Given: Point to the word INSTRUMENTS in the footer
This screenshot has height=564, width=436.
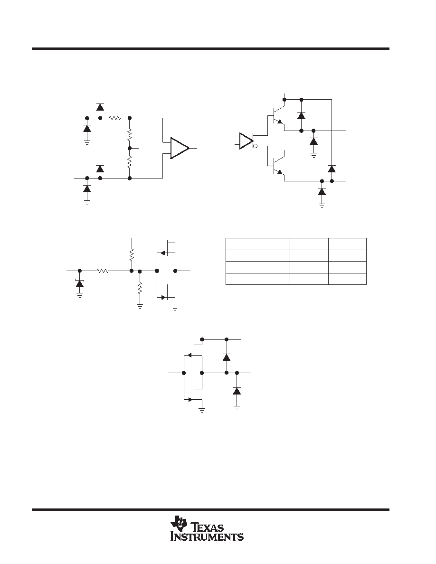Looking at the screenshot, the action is (207, 536).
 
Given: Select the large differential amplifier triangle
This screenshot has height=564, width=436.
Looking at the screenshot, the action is (180, 148).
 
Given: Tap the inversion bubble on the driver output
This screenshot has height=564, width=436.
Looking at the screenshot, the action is (255, 146).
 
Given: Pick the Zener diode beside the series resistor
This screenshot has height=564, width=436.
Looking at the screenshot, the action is (79, 283).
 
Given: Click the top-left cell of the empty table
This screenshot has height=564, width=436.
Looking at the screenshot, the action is (257, 244).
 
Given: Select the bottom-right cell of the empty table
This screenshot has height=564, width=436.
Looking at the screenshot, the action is (348, 279).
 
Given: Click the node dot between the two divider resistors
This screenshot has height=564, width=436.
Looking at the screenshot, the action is (130, 148).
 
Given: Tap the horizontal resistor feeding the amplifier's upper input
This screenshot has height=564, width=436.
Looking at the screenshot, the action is (115, 118).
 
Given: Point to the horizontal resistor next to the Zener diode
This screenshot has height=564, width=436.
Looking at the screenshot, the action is (103, 271).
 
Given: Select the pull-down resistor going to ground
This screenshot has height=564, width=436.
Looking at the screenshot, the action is (140, 289).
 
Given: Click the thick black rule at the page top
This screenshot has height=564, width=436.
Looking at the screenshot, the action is (210, 48).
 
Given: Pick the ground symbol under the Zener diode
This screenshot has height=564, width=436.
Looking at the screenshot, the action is (79, 295).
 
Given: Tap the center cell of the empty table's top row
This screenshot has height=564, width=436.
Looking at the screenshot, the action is (309, 244).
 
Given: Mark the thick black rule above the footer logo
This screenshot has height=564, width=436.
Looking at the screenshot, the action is (210, 510).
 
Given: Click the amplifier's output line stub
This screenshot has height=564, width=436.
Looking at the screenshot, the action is (193, 148).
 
